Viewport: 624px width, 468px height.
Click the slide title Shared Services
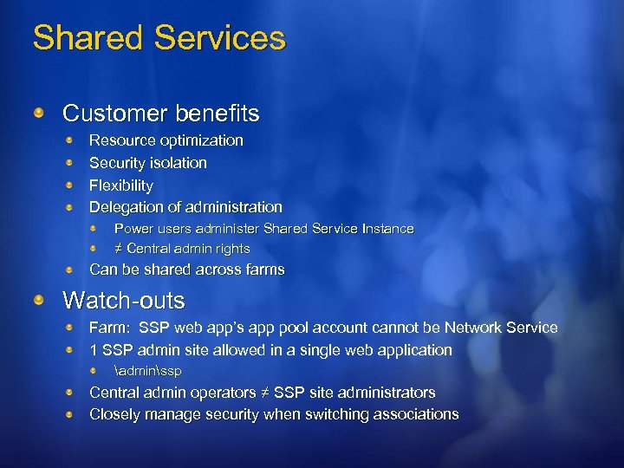click(x=159, y=38)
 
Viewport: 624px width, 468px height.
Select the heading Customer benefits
click(x=161, y=114)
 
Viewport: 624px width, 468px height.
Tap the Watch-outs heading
click(x=124, y=301)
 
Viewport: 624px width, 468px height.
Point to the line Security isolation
click(x=148, y=163)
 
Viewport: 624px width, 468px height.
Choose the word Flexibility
click(x=121, y=185)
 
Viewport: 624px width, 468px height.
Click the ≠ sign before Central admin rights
click(x=120, y=249)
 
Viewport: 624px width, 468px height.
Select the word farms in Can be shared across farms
click(x=264, y=270)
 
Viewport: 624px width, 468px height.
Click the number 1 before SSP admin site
click(x=94, y=350)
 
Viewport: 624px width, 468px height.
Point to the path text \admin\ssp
click(x=148, y=371)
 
